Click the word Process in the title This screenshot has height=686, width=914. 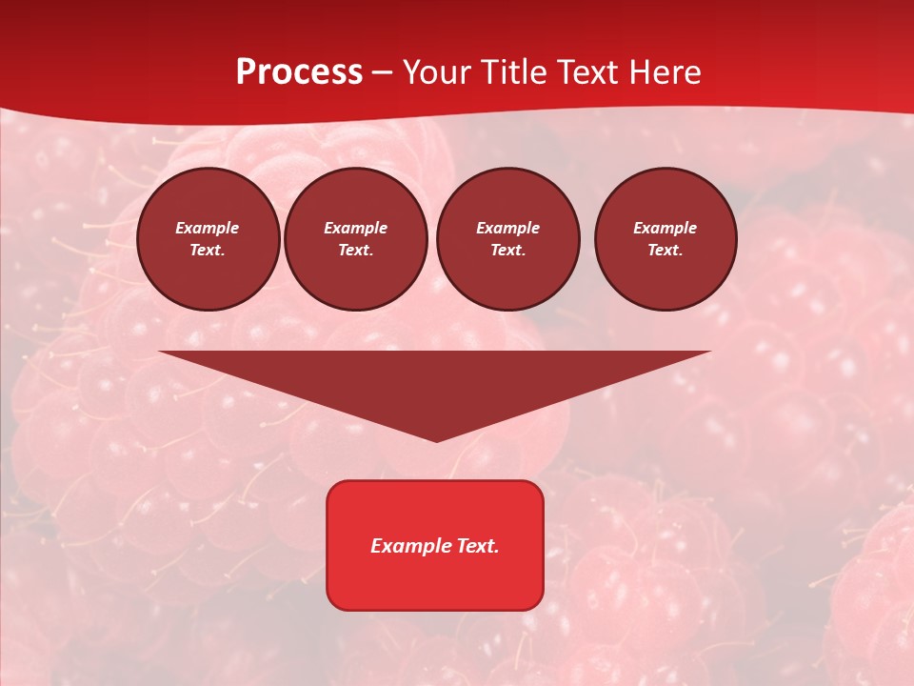coord(299,72)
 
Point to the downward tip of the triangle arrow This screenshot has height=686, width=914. coord(436,439)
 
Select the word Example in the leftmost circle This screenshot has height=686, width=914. coord(208,229)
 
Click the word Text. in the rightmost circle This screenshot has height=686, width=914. coord(666,251)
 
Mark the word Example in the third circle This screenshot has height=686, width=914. coord(507,229)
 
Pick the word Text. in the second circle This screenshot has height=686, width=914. coord(356,251)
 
